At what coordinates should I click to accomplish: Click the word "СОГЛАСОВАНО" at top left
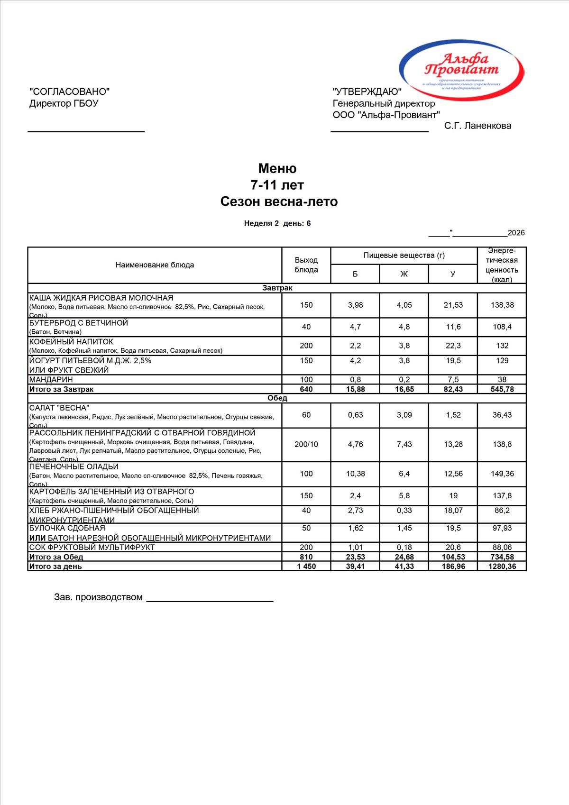[x=69, y=91]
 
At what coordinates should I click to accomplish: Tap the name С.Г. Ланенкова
[x=477, y=126]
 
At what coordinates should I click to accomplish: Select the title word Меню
[x=277, y=168]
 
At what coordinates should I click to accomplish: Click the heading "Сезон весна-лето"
[x=279, y=201]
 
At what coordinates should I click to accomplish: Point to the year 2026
[x=516, y=233]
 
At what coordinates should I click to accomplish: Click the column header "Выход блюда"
[x=306, y=265]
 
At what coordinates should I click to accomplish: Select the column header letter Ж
[x=404, y=274]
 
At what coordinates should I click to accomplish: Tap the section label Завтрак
[x=277, y=288]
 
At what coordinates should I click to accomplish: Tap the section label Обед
[x=277, y=398]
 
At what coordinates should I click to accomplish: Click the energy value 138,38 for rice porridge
[x=502, y=305]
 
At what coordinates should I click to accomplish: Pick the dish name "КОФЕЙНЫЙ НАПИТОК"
[x=71, y=342]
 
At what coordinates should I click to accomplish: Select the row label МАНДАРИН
[x=51, y=380]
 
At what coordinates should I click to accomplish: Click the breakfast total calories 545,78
[x=502, y=389]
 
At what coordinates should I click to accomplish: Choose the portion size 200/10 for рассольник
[x=306, y=445]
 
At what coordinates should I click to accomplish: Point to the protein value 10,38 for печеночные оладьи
[x=355, y=474]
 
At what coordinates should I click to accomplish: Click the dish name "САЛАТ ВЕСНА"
[x=59, y=408]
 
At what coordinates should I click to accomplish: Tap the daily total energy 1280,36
[x=502, y=567]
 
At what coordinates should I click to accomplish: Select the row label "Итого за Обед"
[x=56, y=557]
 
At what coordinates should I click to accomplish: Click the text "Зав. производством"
[x=98, y=597]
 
